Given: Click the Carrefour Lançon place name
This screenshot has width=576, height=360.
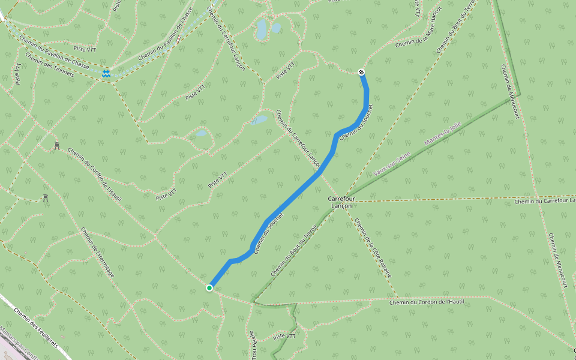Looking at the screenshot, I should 341,202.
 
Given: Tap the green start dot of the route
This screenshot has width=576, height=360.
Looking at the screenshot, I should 209,288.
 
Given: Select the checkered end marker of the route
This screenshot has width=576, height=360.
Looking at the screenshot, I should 361,73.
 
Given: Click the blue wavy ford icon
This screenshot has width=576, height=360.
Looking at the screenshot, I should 106,74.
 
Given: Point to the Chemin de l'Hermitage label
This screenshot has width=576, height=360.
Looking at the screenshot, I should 97,252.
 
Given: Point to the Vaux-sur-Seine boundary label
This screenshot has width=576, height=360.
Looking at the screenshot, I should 391,164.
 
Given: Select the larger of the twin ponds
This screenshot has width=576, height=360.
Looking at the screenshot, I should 262,29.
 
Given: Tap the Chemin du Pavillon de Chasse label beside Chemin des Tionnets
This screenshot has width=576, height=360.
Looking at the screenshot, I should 54,52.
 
